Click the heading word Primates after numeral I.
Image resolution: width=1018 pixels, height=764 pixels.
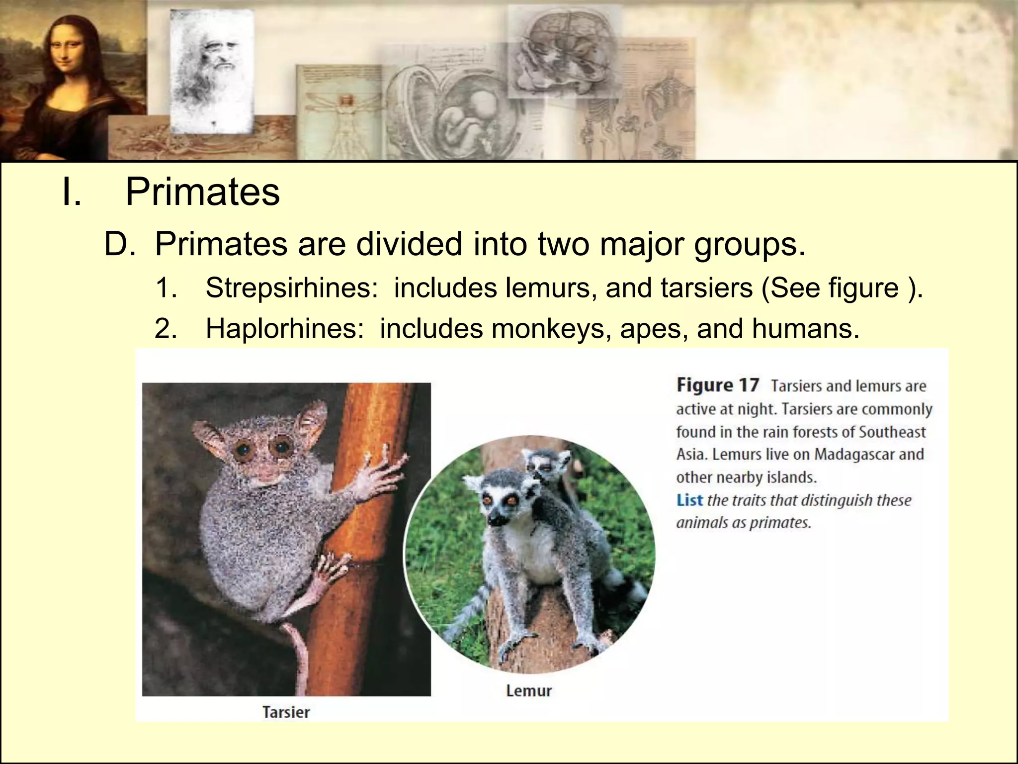[202, 192]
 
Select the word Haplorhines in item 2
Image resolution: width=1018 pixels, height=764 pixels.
[285, 329]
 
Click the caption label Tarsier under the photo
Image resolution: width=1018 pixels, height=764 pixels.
[286, 712]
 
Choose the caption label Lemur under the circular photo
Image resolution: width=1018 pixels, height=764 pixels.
[529, 691]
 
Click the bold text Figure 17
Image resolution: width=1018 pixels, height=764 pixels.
[718, 385]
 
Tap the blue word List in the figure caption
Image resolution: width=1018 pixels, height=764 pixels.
[689, 500]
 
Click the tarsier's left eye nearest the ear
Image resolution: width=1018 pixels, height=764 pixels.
[243, 450]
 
